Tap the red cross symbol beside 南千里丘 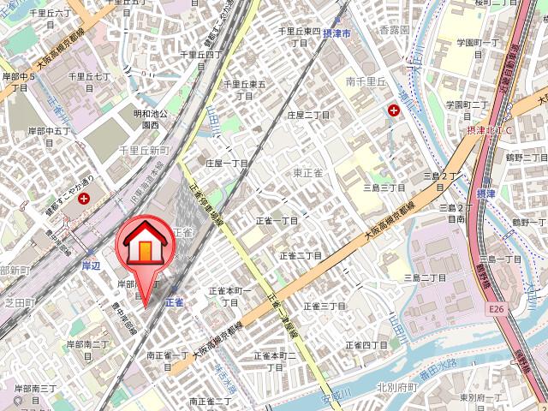click(x=393, y=110)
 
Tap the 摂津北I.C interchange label click(x=488, y=130)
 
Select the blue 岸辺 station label click(x=91, y=266)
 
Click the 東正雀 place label click(x=307, y=173)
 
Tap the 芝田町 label click(x=16, y=302)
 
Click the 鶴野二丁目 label click(x=524, y=158)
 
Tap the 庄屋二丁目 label click(x=308, y=115)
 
